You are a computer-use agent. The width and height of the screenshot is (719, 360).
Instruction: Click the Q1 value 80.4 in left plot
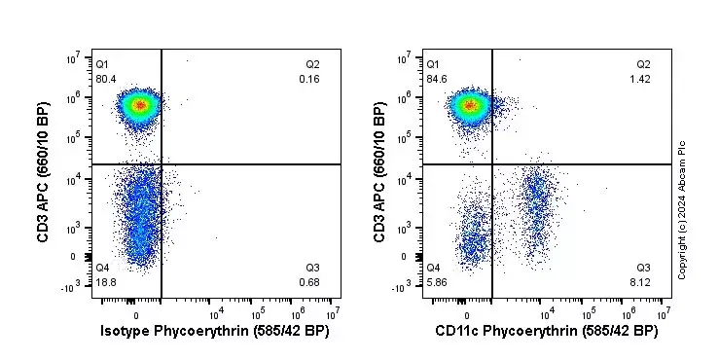tap(106, 79)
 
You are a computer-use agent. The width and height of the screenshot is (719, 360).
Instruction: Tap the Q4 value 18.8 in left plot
tap(106, 282)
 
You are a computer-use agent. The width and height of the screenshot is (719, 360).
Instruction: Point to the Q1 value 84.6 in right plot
tap(437, 79)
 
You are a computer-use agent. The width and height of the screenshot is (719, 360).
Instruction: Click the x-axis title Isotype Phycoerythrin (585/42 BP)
tap(215, 332)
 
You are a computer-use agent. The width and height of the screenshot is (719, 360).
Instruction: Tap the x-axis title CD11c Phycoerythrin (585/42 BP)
tap(546, 332)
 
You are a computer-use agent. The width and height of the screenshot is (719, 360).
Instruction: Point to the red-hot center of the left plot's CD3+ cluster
tap(139, 104)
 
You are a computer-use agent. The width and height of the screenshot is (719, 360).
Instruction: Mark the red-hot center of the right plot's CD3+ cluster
tap(471, 104)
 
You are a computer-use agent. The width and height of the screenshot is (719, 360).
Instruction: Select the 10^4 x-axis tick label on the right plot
tap(546, 312)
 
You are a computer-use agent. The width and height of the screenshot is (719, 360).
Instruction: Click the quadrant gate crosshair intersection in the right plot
tap(492, 164)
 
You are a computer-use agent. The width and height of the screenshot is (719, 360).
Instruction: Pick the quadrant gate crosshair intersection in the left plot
tap(161, 164)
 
